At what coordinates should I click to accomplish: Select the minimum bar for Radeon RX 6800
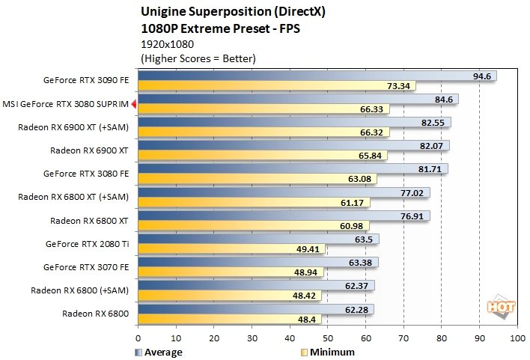pyautogui.click(x=225, y=320)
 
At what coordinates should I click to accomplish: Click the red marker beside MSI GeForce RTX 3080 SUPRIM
pyautogui.click(x=133, y=105)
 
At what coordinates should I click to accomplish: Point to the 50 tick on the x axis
pyautogui.click(x=327, y=338)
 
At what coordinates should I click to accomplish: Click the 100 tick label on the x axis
pyautogui.click(x=517, y=338)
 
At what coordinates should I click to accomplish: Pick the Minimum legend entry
pyautogui.click(x=330, y=352)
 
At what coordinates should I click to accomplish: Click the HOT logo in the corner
pyautogui.click(x=499, y=307)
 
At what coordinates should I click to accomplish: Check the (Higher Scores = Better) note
pyautogui.click(x=198, y=58)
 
